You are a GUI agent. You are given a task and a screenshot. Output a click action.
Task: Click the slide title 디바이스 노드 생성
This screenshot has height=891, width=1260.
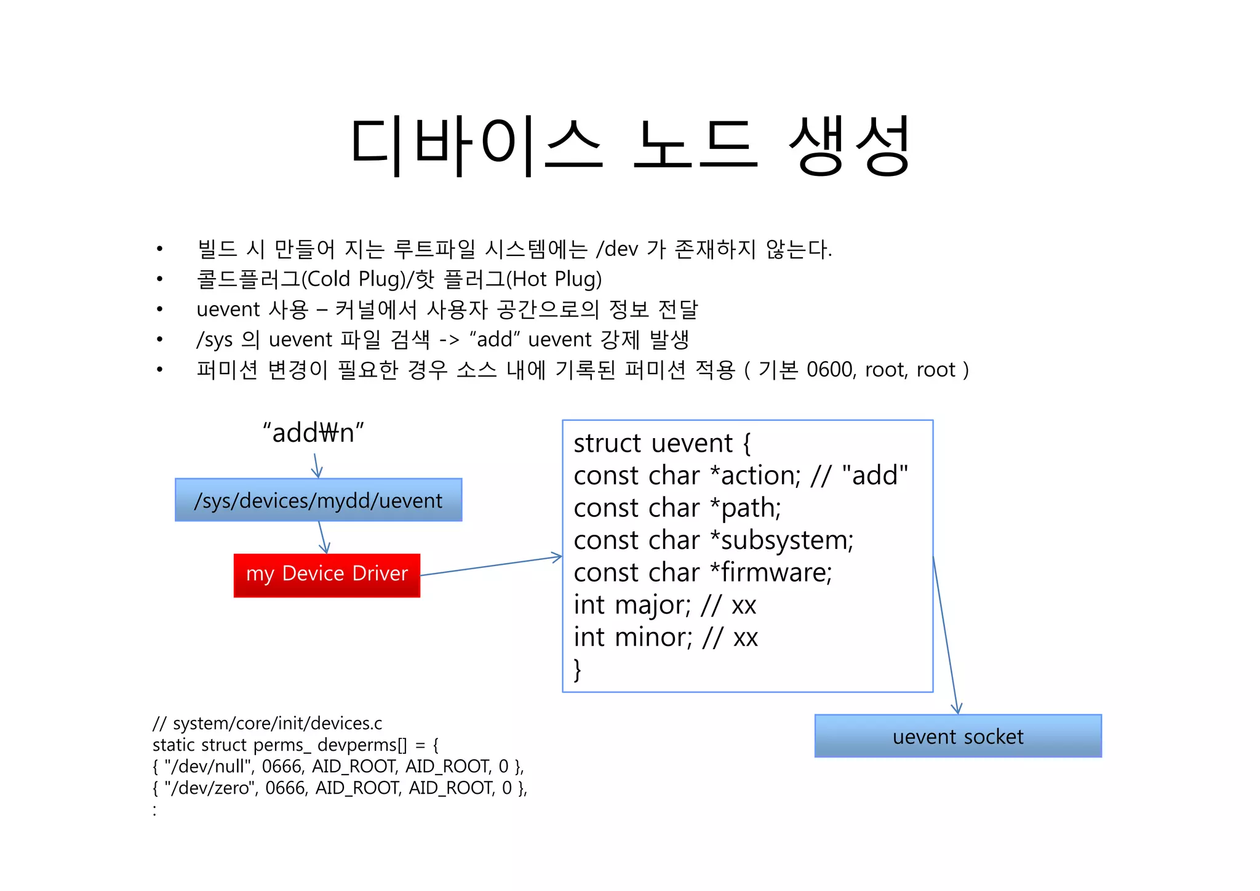click(629, 146)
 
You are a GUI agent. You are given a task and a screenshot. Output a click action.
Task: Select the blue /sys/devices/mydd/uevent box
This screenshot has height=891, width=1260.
click(318, 500)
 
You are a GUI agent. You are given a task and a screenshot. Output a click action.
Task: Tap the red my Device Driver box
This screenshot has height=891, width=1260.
click(327, 575)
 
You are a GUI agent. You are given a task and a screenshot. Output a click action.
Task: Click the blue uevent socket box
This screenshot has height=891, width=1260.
click(957, 736)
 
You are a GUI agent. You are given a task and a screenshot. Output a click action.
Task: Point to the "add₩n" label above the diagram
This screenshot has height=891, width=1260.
click(313, 433)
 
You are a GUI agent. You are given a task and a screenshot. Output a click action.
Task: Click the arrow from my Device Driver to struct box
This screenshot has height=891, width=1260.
click(491, 565)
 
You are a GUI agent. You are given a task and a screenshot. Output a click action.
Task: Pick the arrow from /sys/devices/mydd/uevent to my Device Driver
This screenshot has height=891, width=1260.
click(322, 537)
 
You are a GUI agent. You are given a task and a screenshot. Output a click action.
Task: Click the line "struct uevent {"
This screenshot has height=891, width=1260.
click(662, 443)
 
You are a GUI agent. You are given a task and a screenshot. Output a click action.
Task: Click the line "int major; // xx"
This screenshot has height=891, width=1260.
click(664, 605)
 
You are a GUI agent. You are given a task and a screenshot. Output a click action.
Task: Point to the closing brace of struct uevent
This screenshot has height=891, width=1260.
click(577, 669)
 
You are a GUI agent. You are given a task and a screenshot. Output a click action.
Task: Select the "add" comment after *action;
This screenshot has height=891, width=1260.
click(875, 476)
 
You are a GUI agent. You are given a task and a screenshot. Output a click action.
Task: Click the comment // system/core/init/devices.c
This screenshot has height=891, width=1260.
click(267, 723)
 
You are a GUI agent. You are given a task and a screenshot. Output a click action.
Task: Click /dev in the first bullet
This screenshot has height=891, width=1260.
click(617, 249)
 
